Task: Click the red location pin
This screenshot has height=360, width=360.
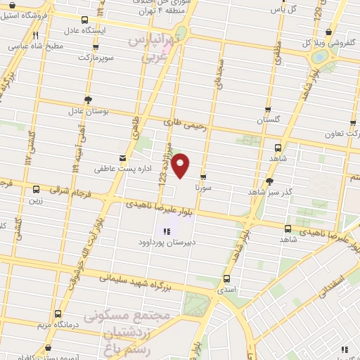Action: pyautogui.click(x=182, y=165)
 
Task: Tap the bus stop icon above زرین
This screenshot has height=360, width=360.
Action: pyautogui.click(x=36, y=188)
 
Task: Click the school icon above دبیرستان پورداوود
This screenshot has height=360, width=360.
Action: pyautogui.click(x=167, y=231)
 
